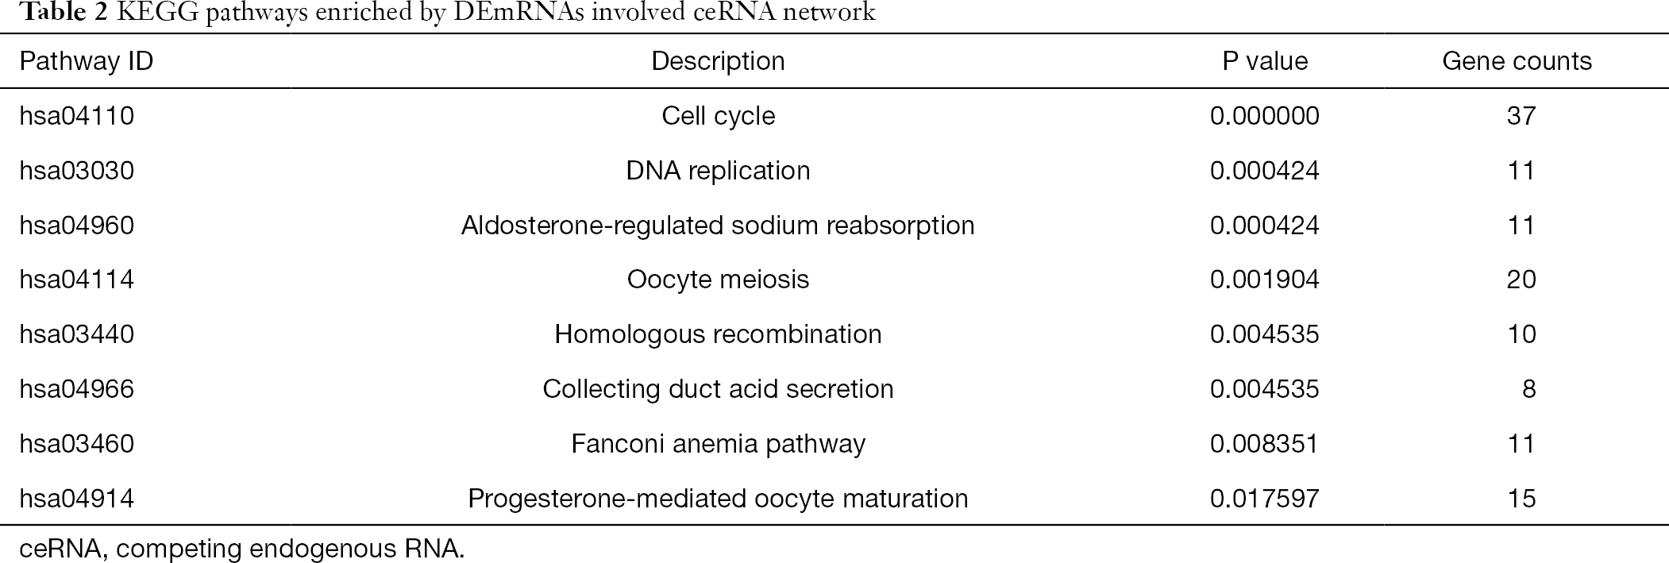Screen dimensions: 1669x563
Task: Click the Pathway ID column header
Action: tap(87, 61)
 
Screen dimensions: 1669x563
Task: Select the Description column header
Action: tap(718, 61)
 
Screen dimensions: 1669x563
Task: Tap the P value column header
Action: tap(1265, 61)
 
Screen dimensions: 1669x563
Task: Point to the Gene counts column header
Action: tap(1517, 61)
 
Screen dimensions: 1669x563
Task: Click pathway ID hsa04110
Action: tap(77, 116)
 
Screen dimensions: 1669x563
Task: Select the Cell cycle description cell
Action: tap(718, 116)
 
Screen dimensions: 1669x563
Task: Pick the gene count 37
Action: tap(1521, 116)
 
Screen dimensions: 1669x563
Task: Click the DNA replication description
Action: tap(718, 171)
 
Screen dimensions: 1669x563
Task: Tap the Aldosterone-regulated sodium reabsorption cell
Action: tap(718, 226)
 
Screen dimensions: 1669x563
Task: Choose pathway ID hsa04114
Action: tap(77, 280)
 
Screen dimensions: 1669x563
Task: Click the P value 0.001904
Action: tap(1265, 280)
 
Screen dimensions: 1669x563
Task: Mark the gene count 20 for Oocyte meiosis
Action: tap(1521, 280)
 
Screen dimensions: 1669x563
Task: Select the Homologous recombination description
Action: tap(718, 334)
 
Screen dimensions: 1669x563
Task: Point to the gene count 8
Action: tap(1529, 389)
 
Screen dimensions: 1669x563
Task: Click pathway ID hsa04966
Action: tap(77, 389)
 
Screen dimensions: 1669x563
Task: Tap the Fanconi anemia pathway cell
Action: tap(718, 443)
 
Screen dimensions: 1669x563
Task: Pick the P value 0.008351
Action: tap(1265, 443)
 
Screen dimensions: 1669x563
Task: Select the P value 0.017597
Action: tap(1265, 498)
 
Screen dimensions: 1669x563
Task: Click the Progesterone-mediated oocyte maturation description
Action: tap(718, 498)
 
